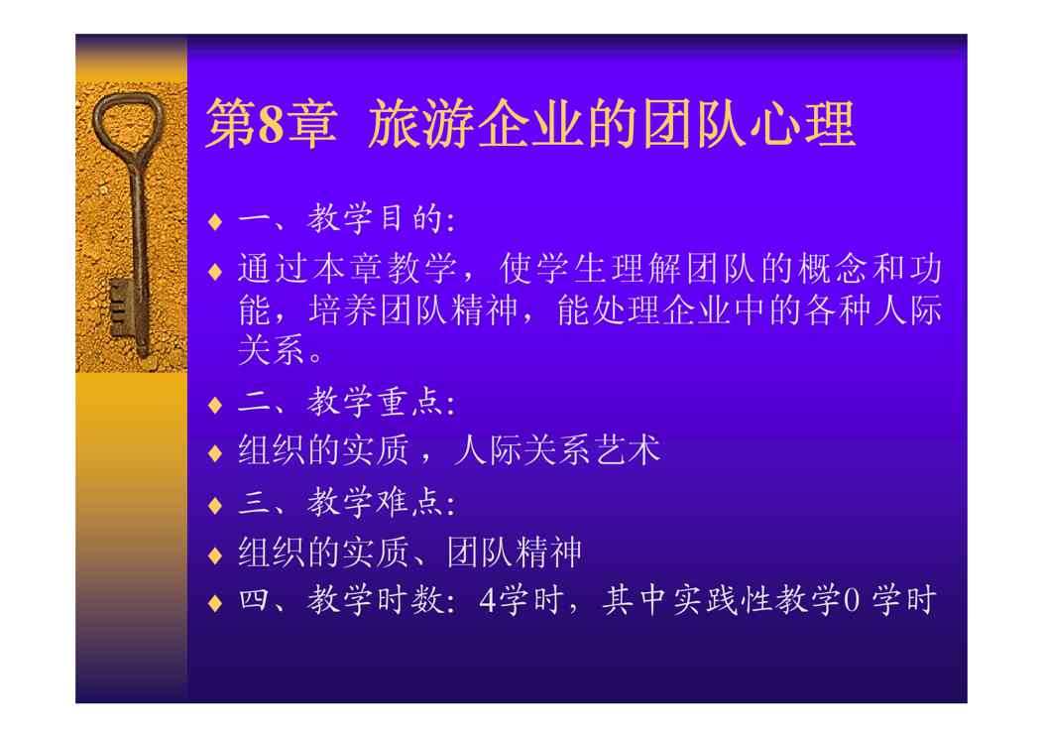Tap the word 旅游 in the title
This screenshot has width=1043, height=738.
(422, 123)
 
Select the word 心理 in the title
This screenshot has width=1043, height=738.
(801, 123)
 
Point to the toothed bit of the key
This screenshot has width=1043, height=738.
(122, 308)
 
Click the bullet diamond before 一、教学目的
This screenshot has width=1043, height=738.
(215, 221)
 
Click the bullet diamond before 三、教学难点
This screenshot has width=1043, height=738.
(215, 505)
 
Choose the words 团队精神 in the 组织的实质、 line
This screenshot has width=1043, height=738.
(515, 553)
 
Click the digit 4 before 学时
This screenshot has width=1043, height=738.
(488, 600)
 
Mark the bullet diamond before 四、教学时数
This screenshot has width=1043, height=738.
(215, 603)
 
